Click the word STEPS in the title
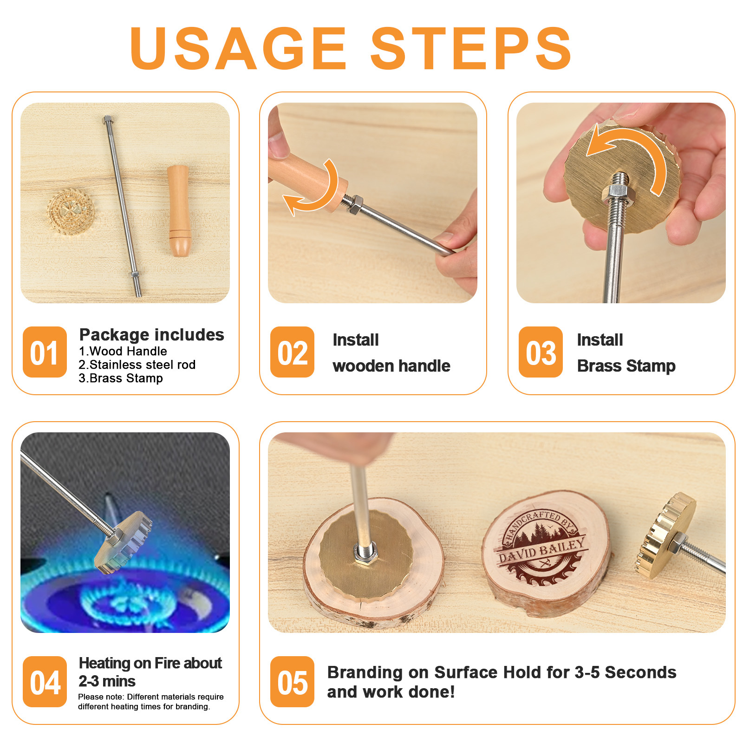471,48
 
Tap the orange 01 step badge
45,352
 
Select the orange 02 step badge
293,352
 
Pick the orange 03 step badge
541,352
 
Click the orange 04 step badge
45,682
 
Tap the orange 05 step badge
293,682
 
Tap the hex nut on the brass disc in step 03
617,194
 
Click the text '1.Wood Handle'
123,351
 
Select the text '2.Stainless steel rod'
137,365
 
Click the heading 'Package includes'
152,335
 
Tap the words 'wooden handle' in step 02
391,366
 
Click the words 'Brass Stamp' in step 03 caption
626,366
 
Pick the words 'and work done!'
391,692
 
